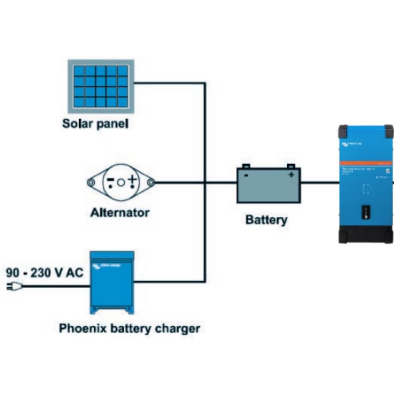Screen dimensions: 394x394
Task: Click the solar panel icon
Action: [101, 86]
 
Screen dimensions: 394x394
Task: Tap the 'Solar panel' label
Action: [95, 124]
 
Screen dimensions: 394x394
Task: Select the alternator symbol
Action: [121, 182]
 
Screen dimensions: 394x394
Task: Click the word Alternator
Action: [120, 213]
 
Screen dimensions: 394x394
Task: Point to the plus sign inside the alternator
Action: [132, 180]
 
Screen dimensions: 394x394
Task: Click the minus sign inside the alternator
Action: [111, 180]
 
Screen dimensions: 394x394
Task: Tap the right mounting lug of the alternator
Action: [150, 182]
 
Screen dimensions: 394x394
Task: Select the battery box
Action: [269, 186]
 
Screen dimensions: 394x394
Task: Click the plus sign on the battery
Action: [291, 175]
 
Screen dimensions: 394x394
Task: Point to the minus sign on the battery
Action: [246, 175]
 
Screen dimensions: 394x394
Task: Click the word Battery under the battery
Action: [266, 220]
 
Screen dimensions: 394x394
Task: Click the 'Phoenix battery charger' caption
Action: [129, 328]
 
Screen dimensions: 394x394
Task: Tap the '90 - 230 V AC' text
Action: [45, 273]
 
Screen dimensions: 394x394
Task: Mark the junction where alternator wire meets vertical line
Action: [205, 182]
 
